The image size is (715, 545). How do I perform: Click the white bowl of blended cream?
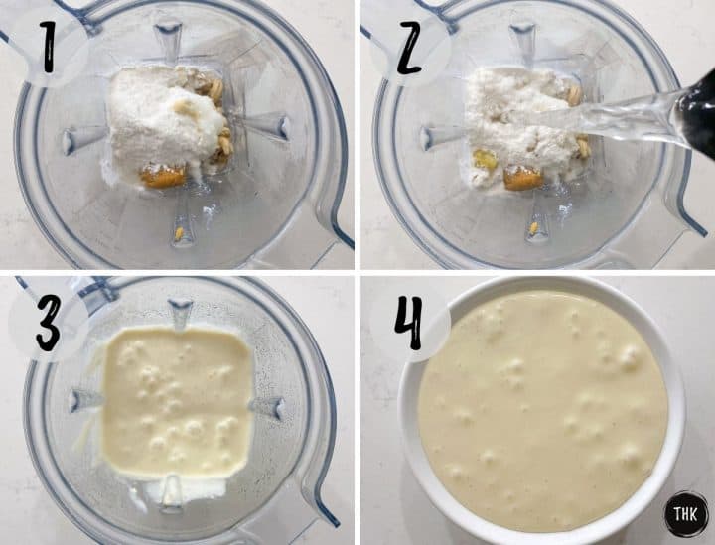coord(541,407)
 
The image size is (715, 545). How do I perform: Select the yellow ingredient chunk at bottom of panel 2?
coord(522,179)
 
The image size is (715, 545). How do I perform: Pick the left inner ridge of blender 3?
coord(83,399)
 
